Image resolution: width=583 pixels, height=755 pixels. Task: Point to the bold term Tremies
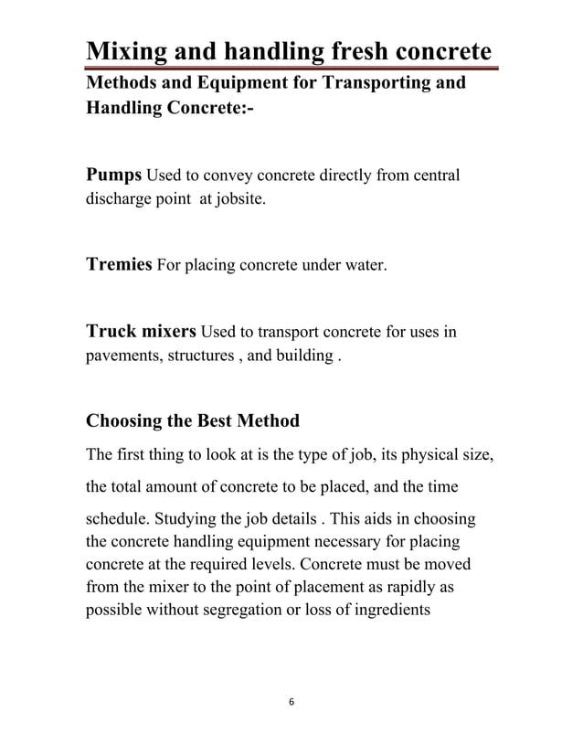(x=119, y=266)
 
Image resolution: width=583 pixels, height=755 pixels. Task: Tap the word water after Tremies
(x=362, y=267)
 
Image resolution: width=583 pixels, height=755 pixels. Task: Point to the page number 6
(x=291, y=701)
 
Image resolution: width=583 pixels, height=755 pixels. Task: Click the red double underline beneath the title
(x=292, y=68)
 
